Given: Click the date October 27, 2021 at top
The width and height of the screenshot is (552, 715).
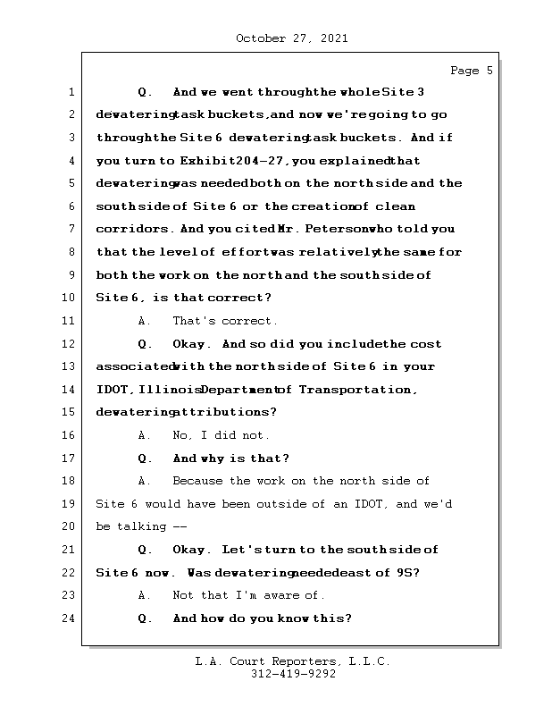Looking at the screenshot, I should click(x=291, y=38).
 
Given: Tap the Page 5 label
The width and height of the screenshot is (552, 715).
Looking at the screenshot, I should click(x=471, y=71).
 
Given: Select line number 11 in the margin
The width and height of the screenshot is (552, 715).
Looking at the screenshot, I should click(x=70, y=321).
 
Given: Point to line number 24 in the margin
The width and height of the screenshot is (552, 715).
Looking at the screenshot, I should click(x=70, y=618).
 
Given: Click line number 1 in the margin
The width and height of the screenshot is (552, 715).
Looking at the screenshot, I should click(x=70, y=92).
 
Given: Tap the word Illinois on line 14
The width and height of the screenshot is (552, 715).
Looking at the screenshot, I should click(x=168, y=390).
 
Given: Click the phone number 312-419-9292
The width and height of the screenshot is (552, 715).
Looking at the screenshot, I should click(x=293, y=675).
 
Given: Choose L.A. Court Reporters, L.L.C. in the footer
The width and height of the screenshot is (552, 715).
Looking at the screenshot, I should click(x=293, y=661).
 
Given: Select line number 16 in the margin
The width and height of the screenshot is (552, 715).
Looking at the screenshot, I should click(x=70, y=435).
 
